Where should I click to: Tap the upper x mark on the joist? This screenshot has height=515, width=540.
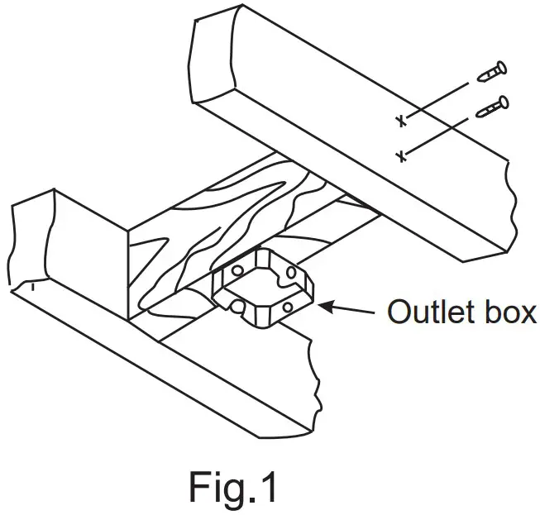click(x=401, y=122)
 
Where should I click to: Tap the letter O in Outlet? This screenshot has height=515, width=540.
click(x=399, y=313)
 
